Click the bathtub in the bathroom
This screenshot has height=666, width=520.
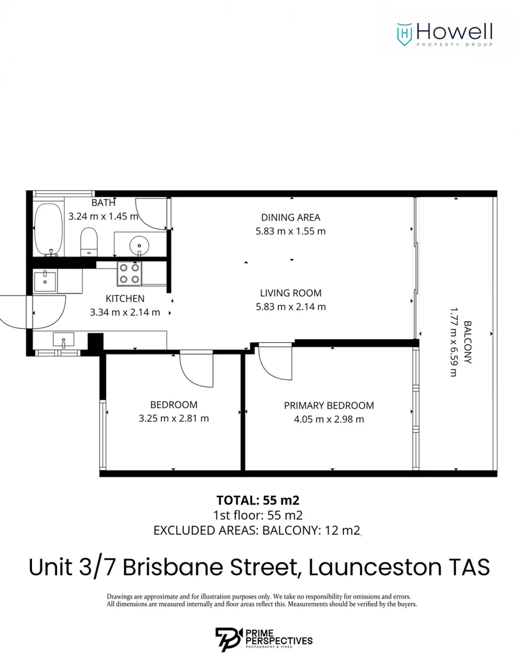coord(48,229)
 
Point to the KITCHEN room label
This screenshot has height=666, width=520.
coord(125,299)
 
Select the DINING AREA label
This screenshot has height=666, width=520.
coord(290,217)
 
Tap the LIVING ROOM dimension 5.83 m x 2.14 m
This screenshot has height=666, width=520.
coord(290,306)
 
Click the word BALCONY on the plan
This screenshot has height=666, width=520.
coord(468,342)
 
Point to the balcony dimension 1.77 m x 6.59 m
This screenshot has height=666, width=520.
coord(453,342)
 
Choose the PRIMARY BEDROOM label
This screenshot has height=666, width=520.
coord(329,405)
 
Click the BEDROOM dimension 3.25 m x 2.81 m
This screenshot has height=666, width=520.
coord(173,418)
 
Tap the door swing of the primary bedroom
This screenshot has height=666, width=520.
coord(275,365)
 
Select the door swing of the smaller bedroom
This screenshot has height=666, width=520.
coord(196,369)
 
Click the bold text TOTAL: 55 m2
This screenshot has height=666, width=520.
coord(258,500)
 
